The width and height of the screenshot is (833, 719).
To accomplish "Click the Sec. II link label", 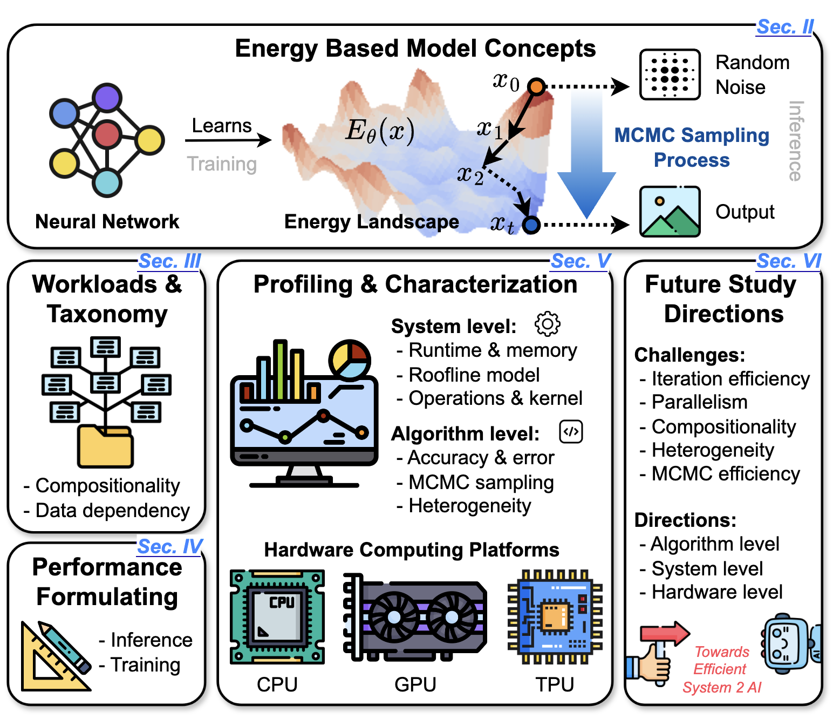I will [x=785, y=26].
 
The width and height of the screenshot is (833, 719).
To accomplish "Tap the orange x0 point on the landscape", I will [x=536, y=86].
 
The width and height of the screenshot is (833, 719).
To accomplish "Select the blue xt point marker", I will [x=531, y=225].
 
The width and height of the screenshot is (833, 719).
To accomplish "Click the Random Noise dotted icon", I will [x=670, y=74].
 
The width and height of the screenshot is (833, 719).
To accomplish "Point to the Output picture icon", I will [x=670, y=212].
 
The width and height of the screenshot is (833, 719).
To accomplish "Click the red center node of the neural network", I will [x=107, y=134].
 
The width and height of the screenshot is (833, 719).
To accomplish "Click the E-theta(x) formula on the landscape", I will [x=380, y=131].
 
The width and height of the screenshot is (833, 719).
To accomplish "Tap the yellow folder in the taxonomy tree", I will [x=105, y=446].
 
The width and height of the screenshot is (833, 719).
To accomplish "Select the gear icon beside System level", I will [x=547, y=324].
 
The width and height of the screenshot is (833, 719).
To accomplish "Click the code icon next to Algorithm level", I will [x=571, y=432].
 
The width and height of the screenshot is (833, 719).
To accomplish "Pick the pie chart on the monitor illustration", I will [x=350, y=359].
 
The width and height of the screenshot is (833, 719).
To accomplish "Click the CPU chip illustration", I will [x=277, y=616].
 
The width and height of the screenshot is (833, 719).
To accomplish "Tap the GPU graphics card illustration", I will [x=415, y=616].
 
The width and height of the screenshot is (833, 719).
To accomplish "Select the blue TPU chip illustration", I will [x=555, y=616].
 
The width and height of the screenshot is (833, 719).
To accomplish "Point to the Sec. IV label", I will [x=170, y=547].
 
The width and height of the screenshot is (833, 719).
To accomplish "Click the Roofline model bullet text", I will [x=474, y=375].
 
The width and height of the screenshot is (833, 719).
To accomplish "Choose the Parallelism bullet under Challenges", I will [x=699, y=402].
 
